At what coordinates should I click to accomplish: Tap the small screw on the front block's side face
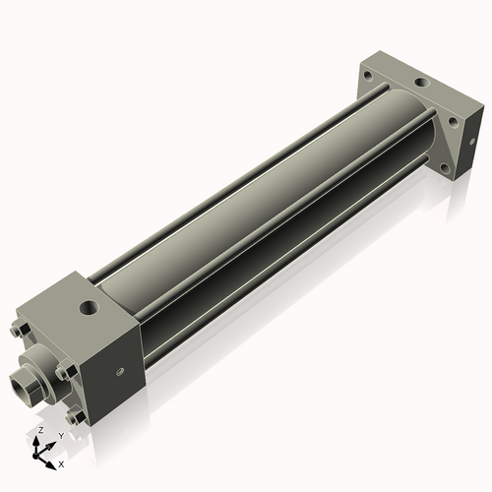point(121,372)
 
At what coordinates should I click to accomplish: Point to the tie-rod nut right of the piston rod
point(65,372)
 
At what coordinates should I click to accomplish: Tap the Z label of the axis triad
point(38,431)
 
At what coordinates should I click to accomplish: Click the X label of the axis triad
point(61,462)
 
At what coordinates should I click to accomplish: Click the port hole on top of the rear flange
point(420,86)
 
